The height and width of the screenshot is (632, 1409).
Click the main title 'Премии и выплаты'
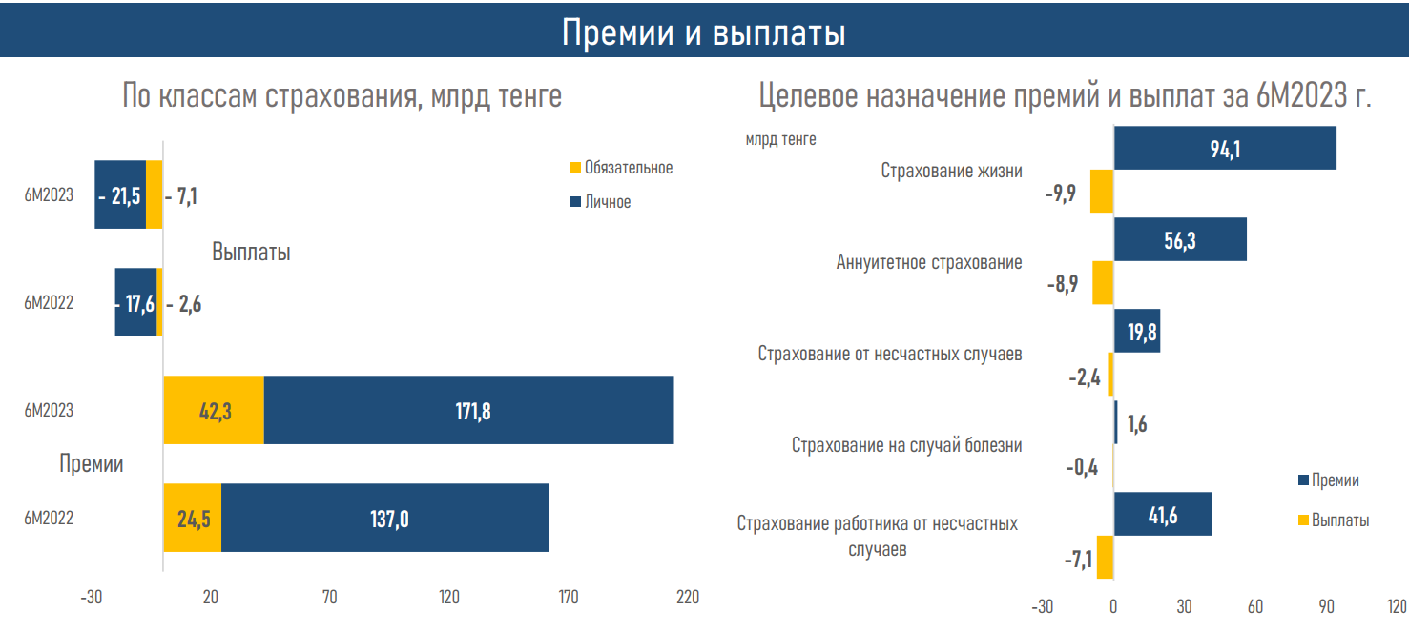[704, 32]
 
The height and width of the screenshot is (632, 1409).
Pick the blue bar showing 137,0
[384, 518]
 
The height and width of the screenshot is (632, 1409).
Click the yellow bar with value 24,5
[192, 518]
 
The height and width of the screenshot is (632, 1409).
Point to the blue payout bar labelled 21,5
[120, 195]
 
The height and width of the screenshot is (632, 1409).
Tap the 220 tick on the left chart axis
[688, 598]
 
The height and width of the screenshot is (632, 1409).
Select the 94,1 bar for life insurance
[1225, 149]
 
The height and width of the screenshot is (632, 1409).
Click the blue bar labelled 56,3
[1180, 240]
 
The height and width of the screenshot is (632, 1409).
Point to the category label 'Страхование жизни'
[951, 172]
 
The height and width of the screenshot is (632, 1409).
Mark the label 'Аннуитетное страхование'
[929, 263]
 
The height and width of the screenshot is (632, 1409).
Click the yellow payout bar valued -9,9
[1102, 192]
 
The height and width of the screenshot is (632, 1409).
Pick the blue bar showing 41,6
[1163, 515]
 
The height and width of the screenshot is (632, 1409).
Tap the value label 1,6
[1137, 424]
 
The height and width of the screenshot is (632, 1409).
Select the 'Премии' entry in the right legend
[1335, 480]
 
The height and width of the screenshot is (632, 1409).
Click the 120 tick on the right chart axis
[1397, 607]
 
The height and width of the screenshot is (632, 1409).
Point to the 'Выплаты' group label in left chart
[251, 253]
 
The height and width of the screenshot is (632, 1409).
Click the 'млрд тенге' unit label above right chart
[780, 139]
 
